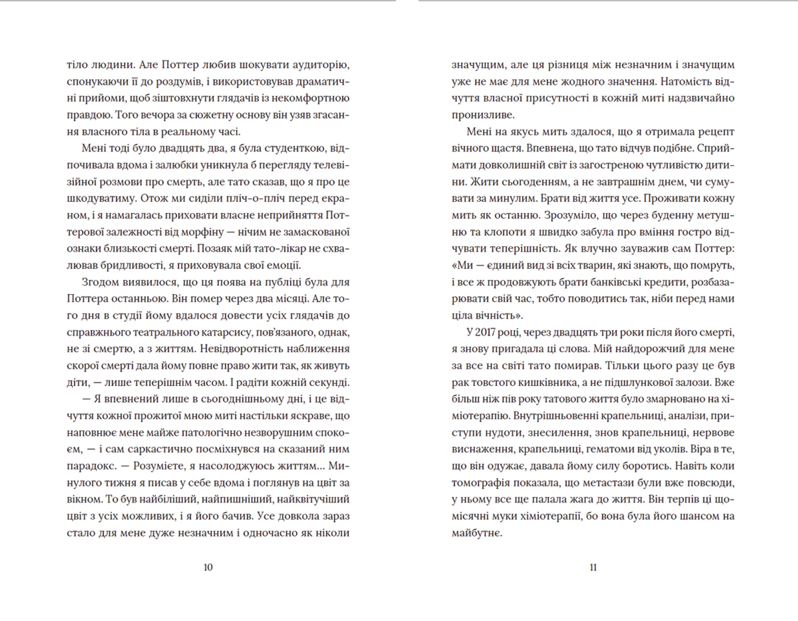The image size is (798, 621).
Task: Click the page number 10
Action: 208,567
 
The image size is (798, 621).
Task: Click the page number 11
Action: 593,567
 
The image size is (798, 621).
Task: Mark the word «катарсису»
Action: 220,332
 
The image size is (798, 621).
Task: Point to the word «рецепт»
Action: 715,132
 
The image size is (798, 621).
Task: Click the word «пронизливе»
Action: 483,115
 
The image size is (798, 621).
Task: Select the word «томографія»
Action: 479,483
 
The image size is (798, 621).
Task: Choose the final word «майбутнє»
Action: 477,533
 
